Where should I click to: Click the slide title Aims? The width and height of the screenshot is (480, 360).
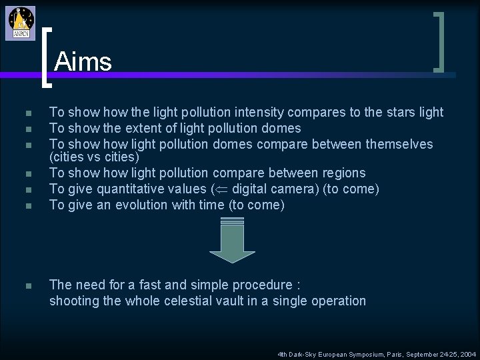83,62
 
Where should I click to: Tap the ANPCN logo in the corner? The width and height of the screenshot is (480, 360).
20,23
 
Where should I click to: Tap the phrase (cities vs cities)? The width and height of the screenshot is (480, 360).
94,157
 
